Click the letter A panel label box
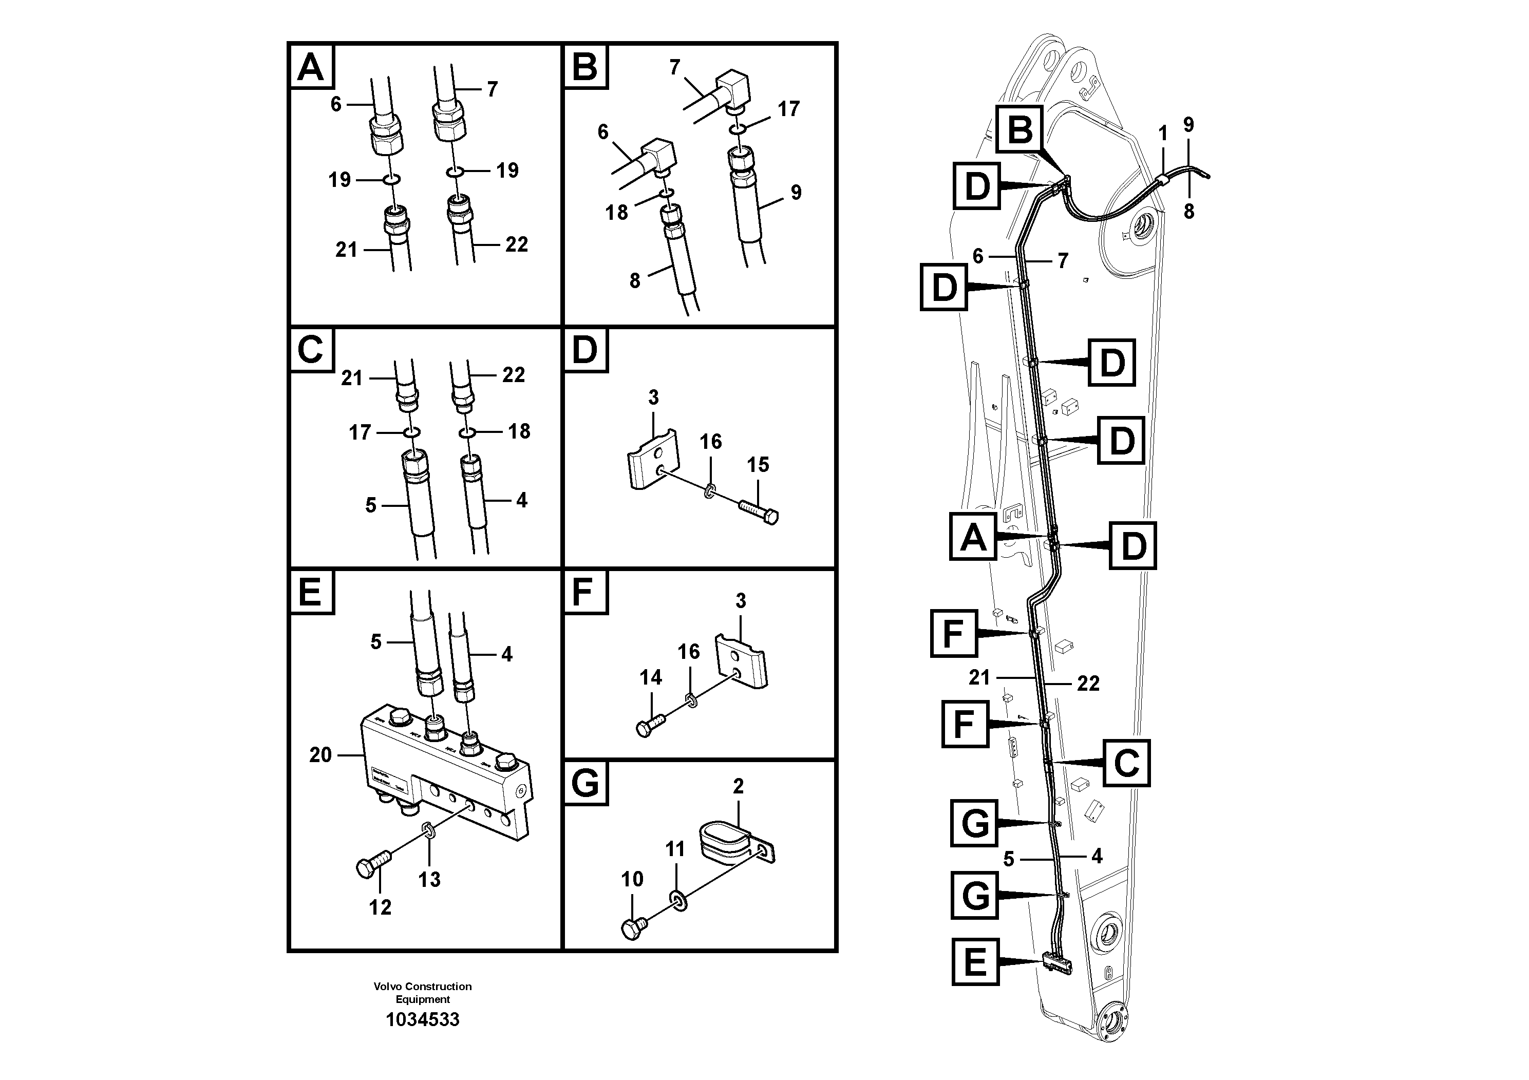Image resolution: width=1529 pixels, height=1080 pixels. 311,67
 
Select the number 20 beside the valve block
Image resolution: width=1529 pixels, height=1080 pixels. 320,754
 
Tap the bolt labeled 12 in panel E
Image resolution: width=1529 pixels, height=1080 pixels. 371,866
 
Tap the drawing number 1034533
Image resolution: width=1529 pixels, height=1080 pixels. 423,1019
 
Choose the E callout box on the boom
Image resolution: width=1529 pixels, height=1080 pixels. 975,961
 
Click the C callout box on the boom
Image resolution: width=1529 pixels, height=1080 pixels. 1126,763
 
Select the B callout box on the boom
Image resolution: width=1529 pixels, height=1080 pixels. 1020,129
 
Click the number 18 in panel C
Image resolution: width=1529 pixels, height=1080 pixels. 519,431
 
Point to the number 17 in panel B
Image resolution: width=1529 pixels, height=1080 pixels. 788,108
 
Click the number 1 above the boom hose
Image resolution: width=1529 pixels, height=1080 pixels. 1163,134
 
